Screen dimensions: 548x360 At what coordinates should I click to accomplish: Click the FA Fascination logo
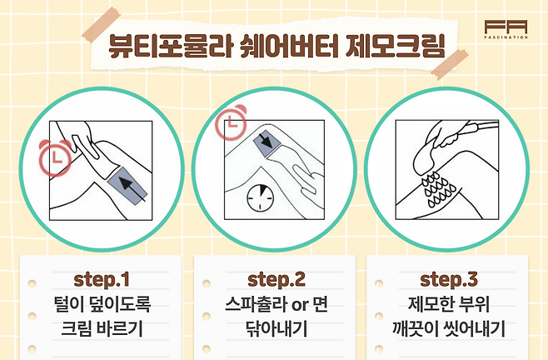pyautogui.click(x=506, y=29)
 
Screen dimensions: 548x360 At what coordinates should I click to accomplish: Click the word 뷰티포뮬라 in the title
pyautogui.click(x=171, y=46)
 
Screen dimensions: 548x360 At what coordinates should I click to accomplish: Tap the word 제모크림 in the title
pyautogui.click(x=396, y=46)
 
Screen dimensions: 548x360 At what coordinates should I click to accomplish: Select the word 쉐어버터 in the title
pyautogui.click(x=289, y=46)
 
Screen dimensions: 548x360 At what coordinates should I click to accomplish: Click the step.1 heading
pyautogui.click(x=102, y=279)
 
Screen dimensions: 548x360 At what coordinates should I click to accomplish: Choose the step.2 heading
pyautogui.click(x=276, y=279)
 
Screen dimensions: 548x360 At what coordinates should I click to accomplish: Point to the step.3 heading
pyautogui.click(x=449, y=279)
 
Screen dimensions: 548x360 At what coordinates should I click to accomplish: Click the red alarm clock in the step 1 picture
pyautogui.click(x=55, y=157)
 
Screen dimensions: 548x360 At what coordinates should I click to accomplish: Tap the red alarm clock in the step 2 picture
pyautogui.click(x=231, y=122)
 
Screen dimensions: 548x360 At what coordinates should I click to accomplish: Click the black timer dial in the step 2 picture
pyautogui.click(x=261, y=198)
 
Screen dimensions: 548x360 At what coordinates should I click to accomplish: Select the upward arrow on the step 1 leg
pyautogui.click(x=132, y=189)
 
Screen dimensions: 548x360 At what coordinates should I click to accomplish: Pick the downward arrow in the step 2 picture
pyautogui.click(x=267, y=140)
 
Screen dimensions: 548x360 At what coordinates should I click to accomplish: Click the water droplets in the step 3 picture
pyautogui.click(x=438, y=189)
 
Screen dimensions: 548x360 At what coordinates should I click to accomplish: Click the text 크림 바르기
pyautogui.click(x=102, y=329)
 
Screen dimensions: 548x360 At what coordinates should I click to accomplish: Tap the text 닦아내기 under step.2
pyautogui.click(x=276, y=329)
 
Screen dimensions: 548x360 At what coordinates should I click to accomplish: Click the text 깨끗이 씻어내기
pyautogui.click(x=449, y=329)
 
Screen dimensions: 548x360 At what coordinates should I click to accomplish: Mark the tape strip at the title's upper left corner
pyautogui.click(x=102, y=24)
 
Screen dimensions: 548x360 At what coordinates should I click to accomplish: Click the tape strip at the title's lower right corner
pyautogui.click(x=450, y=64)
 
